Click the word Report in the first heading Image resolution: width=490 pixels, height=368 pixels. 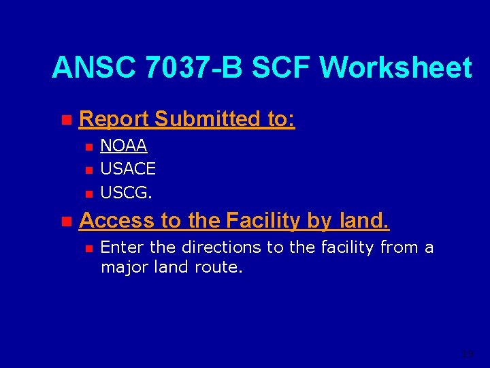[x=114, y=119]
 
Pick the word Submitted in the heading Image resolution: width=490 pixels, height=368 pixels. [x=207, y=119]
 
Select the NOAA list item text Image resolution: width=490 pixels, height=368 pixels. [x=124, y=146]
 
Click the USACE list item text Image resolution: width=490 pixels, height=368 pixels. [x=128, y=168]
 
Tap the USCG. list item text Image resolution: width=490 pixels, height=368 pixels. [x=127, y=192]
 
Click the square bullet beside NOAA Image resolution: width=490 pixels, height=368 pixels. [x=87, y=147]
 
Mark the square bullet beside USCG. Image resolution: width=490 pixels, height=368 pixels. [x=87, y=194]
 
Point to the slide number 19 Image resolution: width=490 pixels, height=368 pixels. [x=467, y=354]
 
